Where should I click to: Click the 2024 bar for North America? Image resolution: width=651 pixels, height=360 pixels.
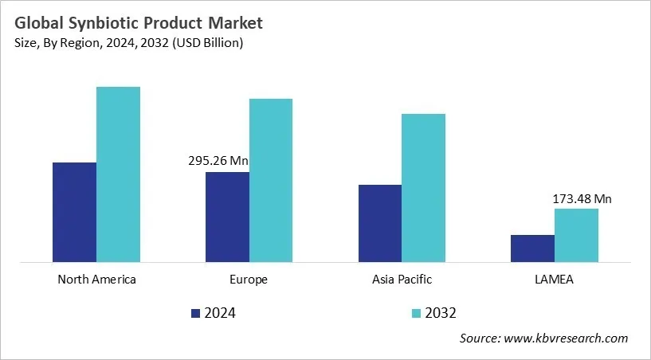74,212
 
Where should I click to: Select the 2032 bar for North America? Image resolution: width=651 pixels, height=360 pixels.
118,174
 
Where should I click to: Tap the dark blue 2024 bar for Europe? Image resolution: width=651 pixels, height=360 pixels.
227,217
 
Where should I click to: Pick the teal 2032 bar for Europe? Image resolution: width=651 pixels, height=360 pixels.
271,180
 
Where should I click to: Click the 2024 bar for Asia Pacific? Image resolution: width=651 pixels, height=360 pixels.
380,223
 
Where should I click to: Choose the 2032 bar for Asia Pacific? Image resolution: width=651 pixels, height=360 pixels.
423,187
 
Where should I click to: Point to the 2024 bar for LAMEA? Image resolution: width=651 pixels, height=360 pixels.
532,248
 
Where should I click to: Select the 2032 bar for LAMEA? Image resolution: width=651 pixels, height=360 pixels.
576,235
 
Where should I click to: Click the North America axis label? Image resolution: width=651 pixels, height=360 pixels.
96,280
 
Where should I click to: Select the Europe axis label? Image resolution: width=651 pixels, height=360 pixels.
249,280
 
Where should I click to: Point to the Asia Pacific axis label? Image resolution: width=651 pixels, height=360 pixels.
402,280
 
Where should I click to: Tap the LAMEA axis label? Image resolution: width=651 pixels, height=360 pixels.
555,280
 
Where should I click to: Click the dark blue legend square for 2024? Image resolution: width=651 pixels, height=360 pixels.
196,313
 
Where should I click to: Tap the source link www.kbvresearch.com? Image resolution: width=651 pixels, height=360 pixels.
567,338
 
